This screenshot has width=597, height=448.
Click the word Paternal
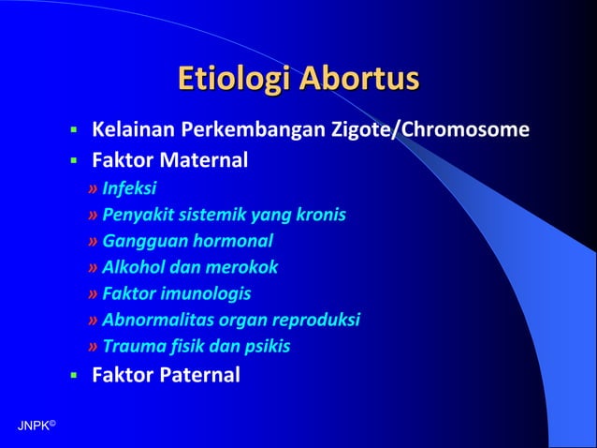pyautogui.click(x=200, y=376)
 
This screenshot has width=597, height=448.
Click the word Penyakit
pyautogui.click(x=134, y=215)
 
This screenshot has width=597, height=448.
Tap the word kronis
pyautogui.click(x=322, y=215)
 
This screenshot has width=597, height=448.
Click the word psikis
pyautogui.click(x=268, y=346)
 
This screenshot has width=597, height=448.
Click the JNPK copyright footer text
pyautogui.click(x=36, y=426)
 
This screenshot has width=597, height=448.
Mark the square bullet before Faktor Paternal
pyautogui.click(x=72, y=377)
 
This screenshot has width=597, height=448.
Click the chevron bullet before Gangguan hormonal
pyautogui.click(x=93, y=241)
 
